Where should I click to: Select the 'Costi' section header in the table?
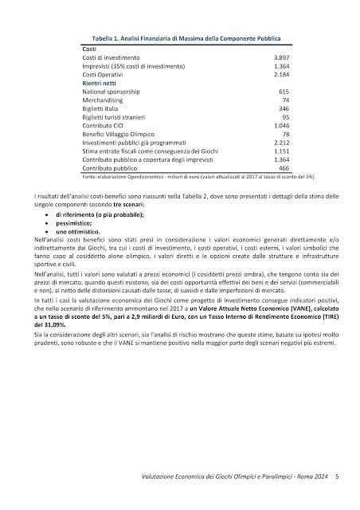point(90,49)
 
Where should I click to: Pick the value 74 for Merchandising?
point(284,100)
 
